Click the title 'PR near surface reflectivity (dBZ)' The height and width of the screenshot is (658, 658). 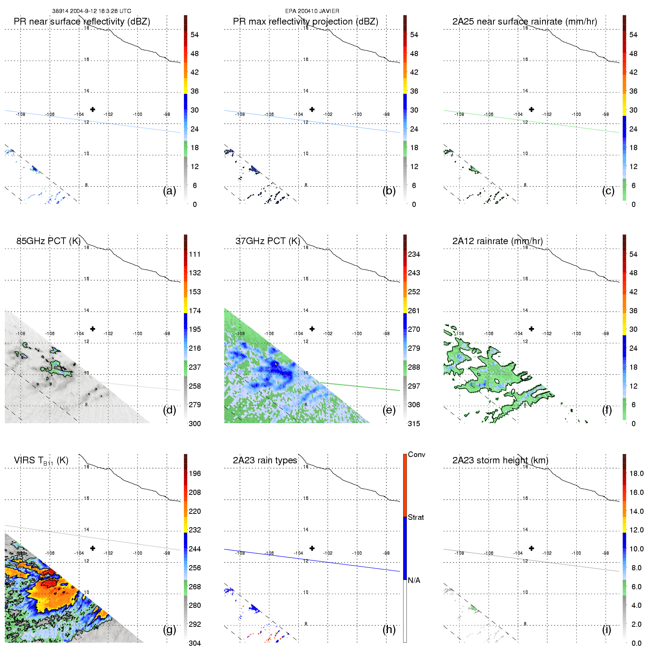[x=82, y=22]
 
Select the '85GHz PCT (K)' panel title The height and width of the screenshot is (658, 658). [x=48, y=241]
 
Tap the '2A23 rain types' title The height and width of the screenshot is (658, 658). [x=265, y=460]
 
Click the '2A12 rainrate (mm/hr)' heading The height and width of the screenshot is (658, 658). [x=497, y=241]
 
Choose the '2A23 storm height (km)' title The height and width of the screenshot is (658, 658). [x=500, y=460]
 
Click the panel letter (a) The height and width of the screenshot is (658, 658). [x=169, y=191]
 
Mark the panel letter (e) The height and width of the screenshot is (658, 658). [x=389, y=410]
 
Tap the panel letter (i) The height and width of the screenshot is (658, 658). [x=606, y=629]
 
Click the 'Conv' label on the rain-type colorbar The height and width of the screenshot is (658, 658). [x=416, y=454]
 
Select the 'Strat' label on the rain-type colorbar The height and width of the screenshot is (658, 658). [x=416, y=517]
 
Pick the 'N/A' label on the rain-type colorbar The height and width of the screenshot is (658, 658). [x=414, y=580]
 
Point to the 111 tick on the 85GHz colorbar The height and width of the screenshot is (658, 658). [x=195, y=254]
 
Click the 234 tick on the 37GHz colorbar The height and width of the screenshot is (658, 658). [x=414, y=254]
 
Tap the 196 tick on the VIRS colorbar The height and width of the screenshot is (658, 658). [x=195, y=473]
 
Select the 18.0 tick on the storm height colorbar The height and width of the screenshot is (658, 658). [x=636, y=473]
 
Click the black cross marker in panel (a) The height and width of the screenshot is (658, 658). [x=93, y=109]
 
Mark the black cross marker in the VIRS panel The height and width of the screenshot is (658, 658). [x=93, y=548]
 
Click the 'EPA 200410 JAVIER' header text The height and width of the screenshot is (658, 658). [x=312, y=11]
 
